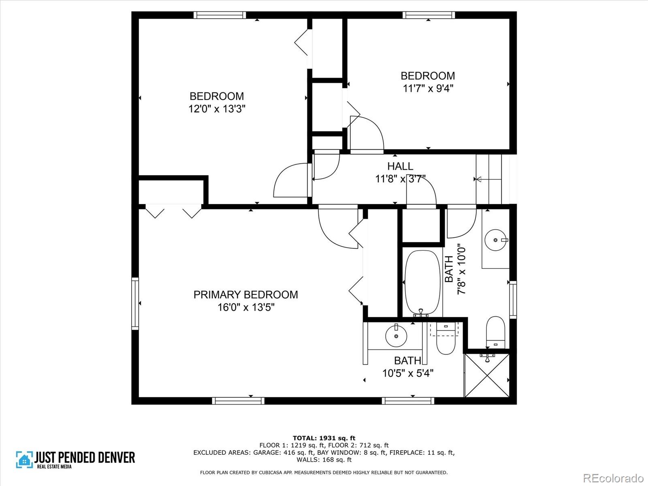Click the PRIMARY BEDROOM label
(x=245, y=294)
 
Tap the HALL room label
(x=400, y=166)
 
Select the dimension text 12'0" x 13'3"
(x=217, y=109)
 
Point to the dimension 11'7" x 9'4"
(x=428, y=88)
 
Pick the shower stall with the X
(x=487, y=375)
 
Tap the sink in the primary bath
(x=396, y=336)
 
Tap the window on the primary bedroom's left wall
(x=135, y=303)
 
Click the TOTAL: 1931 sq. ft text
(x=324, y=438)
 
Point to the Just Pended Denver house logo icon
(x=24, y=459)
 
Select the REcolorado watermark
(x=614, y=477)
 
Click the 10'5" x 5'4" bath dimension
(x=408, y=373)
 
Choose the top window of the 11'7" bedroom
(x=428, y=15)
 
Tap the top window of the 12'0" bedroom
(x=220, y=15)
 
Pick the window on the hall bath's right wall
(x=513, y=300)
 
